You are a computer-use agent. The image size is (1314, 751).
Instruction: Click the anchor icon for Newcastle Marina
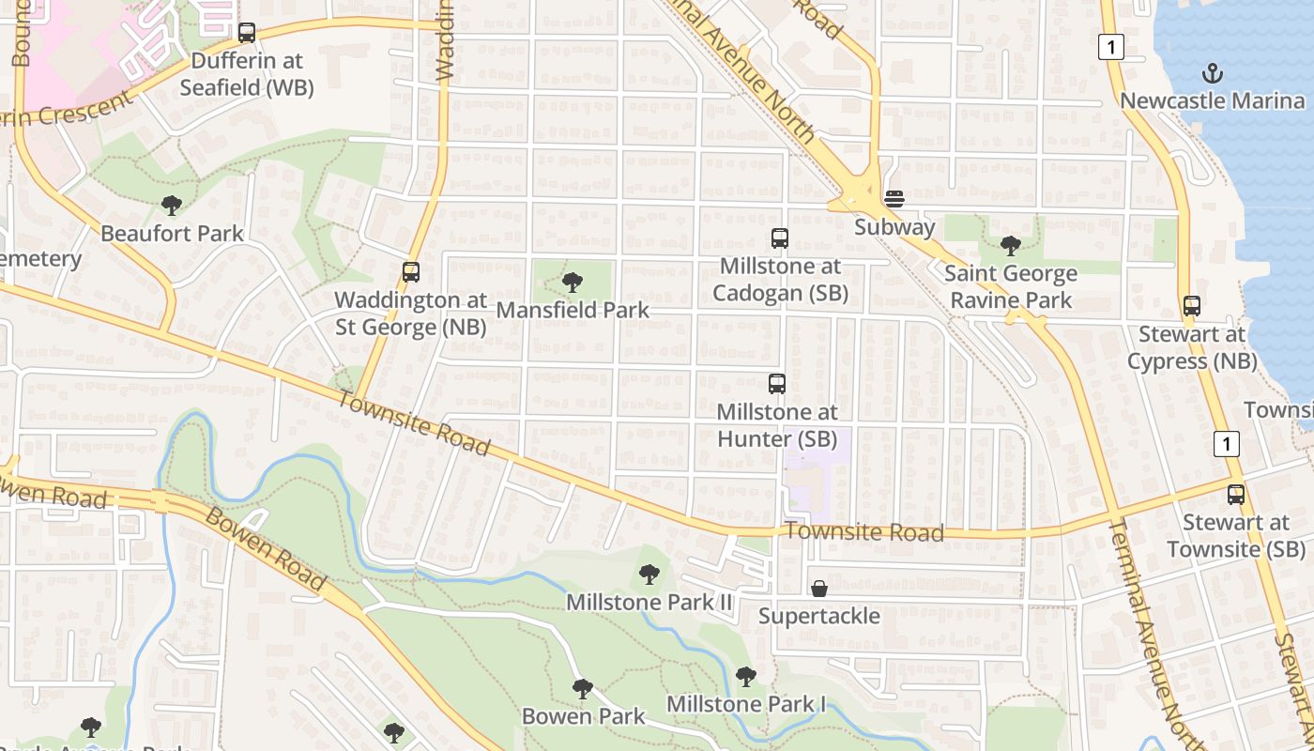coord(1213,73)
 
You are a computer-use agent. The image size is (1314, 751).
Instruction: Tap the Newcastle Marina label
coord(1213,100)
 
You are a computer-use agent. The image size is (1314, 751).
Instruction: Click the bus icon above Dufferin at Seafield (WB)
coord(247,33)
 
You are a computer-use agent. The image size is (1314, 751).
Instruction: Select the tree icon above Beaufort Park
coord(171,205)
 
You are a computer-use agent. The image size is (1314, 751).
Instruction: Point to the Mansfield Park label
coord(573,309)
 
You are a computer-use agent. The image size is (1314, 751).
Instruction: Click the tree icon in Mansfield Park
coord(572,282)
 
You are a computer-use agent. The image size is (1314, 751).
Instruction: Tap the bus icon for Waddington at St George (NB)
coord(411,272)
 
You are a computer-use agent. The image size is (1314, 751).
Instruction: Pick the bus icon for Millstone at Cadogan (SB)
coord(780,238)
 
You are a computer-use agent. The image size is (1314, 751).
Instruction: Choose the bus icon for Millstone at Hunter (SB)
coord(777,383)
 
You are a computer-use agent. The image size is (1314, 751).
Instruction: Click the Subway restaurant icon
coord(894,198)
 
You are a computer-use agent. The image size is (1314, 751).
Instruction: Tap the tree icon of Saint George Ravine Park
coord(1011,246)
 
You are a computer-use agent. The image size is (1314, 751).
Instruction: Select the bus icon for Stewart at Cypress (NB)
coord(1192,306)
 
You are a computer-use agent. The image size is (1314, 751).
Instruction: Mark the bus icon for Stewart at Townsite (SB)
coord(1237,495)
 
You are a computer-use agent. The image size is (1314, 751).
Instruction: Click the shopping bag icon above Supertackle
coord(819,589)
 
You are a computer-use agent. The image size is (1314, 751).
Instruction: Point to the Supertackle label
coord(819,616)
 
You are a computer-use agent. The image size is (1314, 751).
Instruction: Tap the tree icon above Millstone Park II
coord(649,574)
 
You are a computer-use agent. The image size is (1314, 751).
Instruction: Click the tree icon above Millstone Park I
coord(746,676)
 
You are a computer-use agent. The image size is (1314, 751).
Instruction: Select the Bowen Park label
coord(584,716)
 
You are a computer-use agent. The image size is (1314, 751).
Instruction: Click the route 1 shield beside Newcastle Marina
coord(1111,47)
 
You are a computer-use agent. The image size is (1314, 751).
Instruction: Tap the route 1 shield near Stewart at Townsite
coord(1227,443)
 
